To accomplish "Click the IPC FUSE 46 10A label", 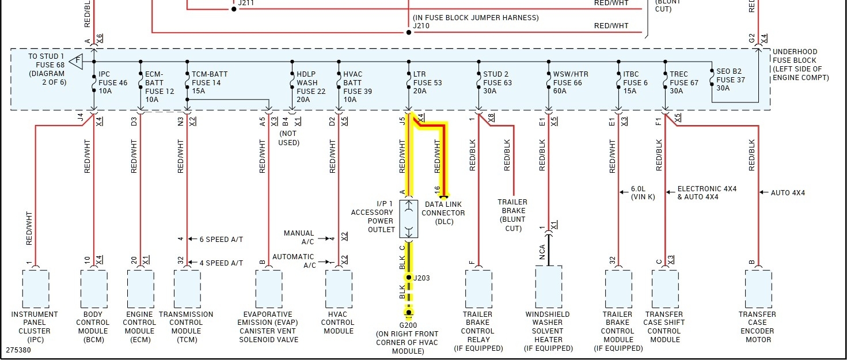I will tap(112, 83).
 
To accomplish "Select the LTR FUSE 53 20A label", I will tap(427, 83).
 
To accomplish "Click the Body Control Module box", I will tap(93, 289).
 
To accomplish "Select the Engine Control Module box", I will tap(140, 289).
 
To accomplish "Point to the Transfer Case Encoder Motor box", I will tap(758, 289).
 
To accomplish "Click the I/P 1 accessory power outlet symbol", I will tap(409, 219).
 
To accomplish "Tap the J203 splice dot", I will tap(409, 278).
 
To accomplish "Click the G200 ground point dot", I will tap(409, 313).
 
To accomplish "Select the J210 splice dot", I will tap(409, 32).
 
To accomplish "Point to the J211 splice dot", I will tap(234, 9).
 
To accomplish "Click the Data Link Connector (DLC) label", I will tap(443, 213).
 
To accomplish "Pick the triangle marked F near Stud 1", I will tap(75, 60).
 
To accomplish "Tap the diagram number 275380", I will tap(18, 350).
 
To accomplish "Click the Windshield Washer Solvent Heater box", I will tap(548, 289).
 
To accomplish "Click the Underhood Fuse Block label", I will tap(800, 65).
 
